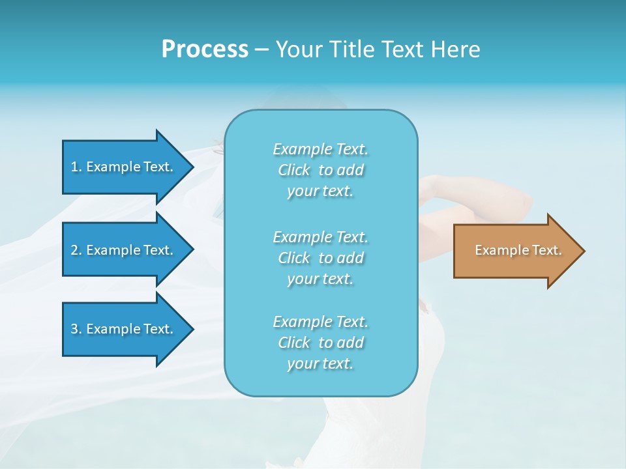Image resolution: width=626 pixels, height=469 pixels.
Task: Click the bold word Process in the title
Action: [x=205, y=50]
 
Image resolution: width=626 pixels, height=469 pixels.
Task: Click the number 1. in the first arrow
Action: [x=76, y=167]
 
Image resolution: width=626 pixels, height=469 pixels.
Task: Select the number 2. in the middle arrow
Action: [x=76, y=250]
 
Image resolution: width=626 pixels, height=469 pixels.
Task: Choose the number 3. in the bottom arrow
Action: [x=76, y=329]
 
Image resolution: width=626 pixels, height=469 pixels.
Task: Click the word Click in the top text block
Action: [x=294, y=170]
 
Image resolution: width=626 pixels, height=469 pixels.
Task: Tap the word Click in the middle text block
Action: [x=294, y=258]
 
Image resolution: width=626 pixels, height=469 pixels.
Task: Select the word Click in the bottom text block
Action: [x=294, y=343]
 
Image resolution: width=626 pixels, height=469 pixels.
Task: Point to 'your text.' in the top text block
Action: [x=320, y=191]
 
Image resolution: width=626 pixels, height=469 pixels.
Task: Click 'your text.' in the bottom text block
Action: [x=320, y=363]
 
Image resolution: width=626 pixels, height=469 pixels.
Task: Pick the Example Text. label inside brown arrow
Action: [x=518, y=250]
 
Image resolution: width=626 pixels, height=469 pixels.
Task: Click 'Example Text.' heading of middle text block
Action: [x=320, y=237]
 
